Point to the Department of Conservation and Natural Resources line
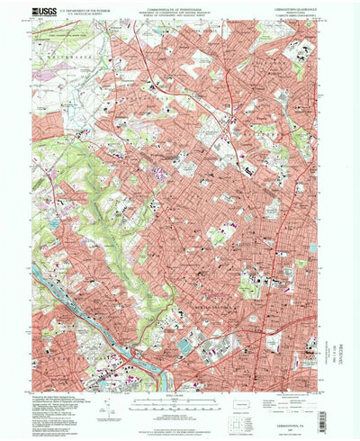click(x=180, y=13)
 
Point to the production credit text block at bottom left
click(x=72, y=409)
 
